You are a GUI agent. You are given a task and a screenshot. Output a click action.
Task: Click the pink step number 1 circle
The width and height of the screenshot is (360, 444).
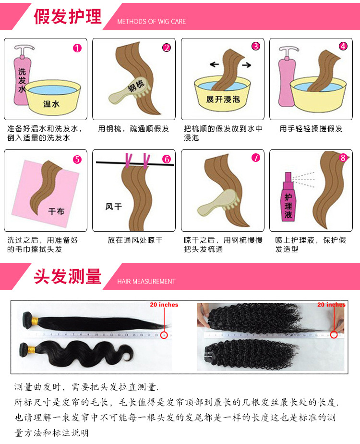(77, 48)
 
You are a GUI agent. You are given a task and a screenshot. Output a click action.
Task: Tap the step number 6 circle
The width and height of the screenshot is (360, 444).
(166, 159)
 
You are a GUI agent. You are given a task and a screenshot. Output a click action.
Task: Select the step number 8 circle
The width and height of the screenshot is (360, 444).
(342, 158)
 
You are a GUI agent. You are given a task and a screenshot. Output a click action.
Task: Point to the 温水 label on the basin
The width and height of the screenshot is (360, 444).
(51, 103)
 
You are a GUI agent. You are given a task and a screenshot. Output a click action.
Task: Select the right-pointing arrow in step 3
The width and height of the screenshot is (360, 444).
(246, 64)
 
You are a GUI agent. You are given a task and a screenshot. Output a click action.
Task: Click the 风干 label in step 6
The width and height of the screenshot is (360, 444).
(113, 207)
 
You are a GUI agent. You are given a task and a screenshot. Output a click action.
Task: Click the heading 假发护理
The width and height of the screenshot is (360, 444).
(68, 16)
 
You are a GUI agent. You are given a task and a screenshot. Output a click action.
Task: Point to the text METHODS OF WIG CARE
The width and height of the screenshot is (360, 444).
(151, 22)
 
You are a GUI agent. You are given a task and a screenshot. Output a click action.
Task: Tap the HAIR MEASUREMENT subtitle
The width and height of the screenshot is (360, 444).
(146, 282)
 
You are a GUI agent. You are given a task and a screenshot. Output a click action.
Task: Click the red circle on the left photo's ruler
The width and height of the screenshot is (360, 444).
(164, 335)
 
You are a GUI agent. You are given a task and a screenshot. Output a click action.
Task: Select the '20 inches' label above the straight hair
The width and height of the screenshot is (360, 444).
(164, 305)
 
